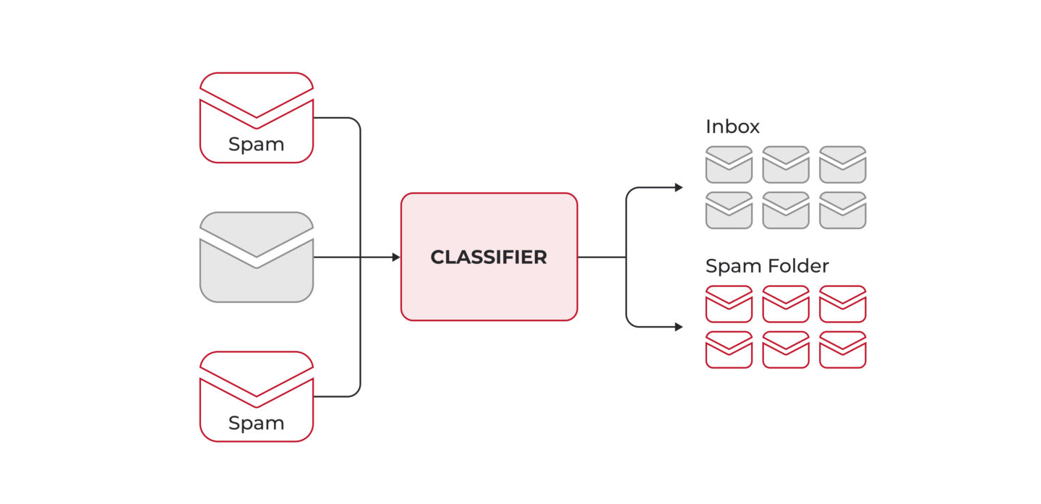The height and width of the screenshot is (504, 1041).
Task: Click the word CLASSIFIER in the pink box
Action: coord(489,257)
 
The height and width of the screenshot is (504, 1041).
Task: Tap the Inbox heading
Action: coord(732,127)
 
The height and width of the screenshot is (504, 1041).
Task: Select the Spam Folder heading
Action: coord(766,266)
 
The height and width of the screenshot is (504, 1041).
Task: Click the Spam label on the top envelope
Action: coord(256,145)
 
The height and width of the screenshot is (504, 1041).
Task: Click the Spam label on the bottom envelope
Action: coord(256,423)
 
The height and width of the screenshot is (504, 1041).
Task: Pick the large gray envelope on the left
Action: coord(257,268)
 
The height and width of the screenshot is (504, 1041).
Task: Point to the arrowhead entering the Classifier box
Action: coord(396,257)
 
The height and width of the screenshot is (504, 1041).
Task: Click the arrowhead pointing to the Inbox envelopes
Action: coord(679,188)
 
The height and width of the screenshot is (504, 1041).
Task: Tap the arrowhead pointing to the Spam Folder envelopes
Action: coord(679,327)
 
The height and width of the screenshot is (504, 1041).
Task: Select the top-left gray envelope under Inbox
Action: coord(729,165)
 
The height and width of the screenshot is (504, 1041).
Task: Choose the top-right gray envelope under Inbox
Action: coord(842,165)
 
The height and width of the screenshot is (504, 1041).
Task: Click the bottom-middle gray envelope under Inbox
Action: coord(786,210)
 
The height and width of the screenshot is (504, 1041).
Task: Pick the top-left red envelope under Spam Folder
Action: coord(729,304)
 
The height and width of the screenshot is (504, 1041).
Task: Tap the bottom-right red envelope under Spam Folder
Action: coord(842,350)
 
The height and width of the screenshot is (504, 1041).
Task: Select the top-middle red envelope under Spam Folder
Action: coord(786,304)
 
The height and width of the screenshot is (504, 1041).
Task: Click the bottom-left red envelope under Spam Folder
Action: coord(729,350)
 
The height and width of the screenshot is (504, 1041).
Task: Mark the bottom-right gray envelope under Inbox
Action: coord(842,210)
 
